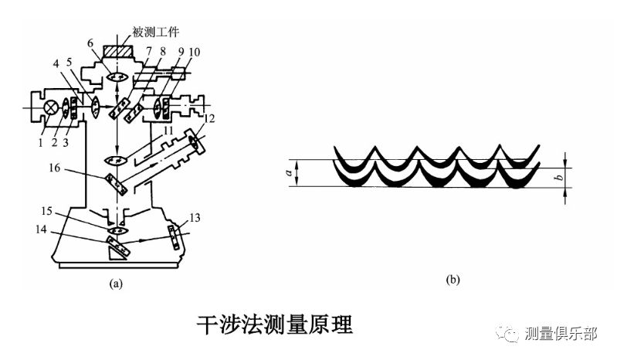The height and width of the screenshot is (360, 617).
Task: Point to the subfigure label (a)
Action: coord(117,284)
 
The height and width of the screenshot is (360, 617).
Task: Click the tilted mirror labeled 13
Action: coord(176,237)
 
